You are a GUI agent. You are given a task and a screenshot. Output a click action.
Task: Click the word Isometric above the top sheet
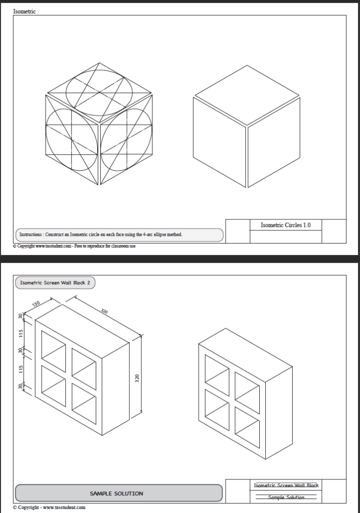click(25, 12)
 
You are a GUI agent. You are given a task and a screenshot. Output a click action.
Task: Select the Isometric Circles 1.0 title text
click(285, 225)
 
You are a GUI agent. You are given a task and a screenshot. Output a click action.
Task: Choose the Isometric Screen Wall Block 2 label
click(55, 283)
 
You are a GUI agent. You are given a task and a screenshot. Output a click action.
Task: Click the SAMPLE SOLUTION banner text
click(116, 493)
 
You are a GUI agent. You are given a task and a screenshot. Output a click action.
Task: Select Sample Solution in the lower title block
click(286, 497)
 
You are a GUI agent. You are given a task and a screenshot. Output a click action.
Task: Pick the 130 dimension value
click(36, 304)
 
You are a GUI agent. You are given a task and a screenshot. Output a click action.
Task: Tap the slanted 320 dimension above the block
click(104, 311)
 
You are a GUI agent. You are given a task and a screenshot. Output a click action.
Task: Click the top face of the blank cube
click(247, 95)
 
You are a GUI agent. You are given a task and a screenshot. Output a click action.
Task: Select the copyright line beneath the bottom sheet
click(49, 507)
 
